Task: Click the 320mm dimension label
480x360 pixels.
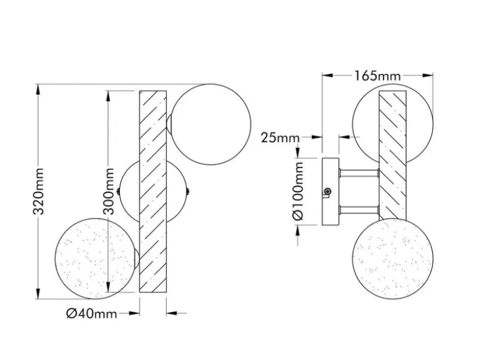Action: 39,191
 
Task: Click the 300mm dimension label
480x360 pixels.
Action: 108,191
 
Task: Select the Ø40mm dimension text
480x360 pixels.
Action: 92,313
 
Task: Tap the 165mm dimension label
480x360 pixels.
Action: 377,76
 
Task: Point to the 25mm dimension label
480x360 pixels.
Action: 280,138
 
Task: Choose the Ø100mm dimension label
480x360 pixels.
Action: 298,191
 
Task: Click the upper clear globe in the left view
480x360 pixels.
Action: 210,124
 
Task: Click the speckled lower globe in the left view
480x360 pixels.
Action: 95,258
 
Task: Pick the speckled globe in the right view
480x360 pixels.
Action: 393,258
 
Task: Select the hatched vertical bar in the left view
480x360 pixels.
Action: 153,191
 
